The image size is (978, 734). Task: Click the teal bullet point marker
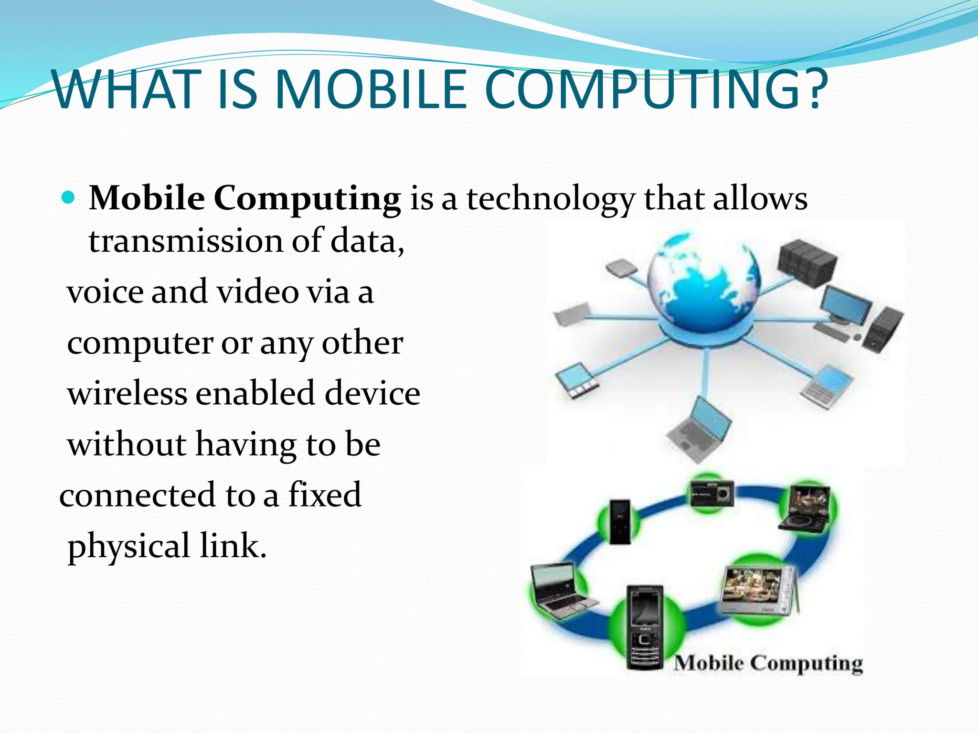pyautogui.click(x=69, y=197)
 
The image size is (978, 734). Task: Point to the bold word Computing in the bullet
pyautogui.click(x=307, y=198)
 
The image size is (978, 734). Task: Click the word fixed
pyautogui.click(x=325, y=495)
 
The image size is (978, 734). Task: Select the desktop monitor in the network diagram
pyautogui.click(x=845, y=306)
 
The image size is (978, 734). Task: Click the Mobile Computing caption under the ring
pyautogui.click(x=768, y=663)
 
